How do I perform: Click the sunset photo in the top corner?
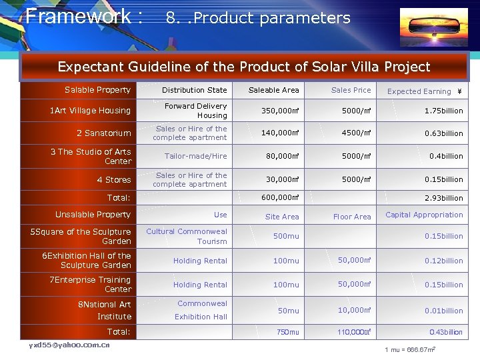point(433,27)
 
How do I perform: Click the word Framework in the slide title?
point(78,16)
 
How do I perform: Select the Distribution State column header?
point(194,90)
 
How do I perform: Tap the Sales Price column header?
point(351,90)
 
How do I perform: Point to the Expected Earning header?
point(425,91)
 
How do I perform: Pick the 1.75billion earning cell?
point(443,111)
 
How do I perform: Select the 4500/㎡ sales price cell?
point(351,133)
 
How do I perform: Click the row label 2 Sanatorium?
point(103,133)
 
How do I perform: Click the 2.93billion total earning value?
point(443,198)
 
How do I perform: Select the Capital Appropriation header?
point(424,215)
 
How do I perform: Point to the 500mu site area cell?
point(286,236)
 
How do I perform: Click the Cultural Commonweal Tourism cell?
point(187,237)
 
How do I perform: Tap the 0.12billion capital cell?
point(443,261)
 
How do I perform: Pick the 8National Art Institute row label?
point(105,310)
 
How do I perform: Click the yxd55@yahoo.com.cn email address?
point(69,345)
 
